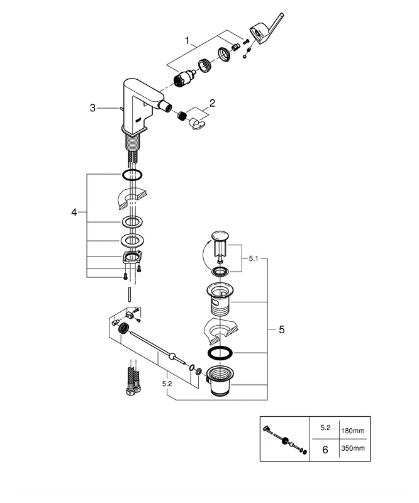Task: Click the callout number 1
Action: click(187, 41)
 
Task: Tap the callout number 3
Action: click(92, 108)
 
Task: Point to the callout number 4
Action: click(74, 213)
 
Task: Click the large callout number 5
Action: click(281, 329)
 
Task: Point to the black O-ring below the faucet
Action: click(131, 174)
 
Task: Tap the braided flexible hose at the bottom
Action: click(133, 380)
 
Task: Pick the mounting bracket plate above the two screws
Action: click(131, 258)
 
